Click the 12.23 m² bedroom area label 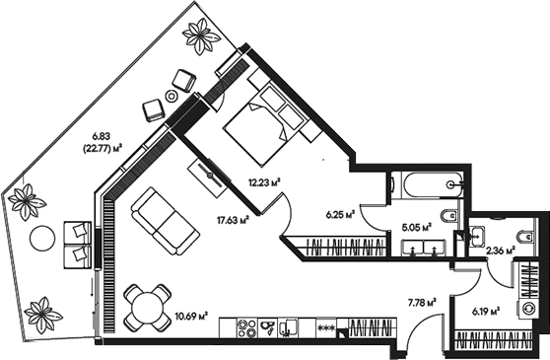[265, 181]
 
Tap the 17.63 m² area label [230, 221]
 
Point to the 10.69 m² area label [189, 317]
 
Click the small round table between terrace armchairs [172, 96]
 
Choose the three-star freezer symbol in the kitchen [325, 326]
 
